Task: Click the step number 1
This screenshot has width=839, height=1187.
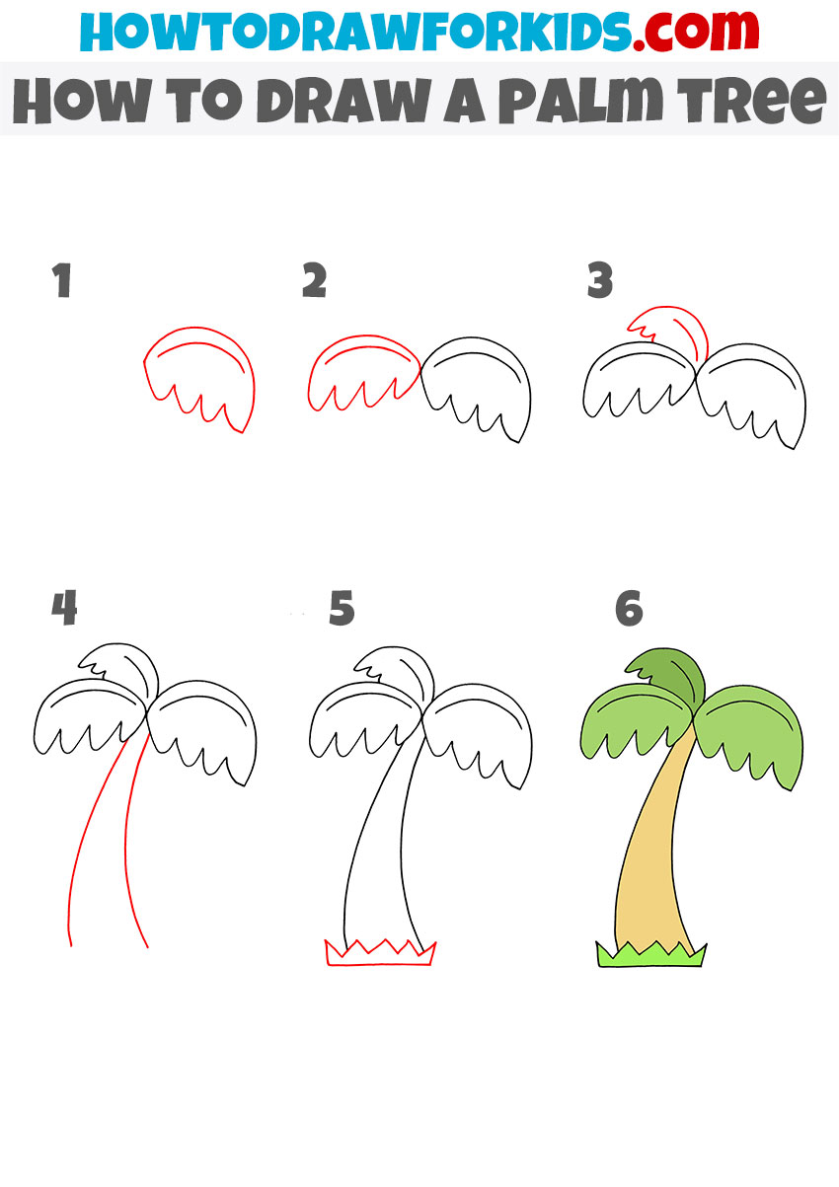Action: click(63, 282)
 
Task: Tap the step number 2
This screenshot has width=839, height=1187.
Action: click(314, 282)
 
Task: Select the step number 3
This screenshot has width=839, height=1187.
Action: click(599, 282)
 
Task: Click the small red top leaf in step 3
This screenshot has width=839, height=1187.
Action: click(671, 331)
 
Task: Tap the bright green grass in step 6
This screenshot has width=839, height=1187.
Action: click(649, 955)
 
